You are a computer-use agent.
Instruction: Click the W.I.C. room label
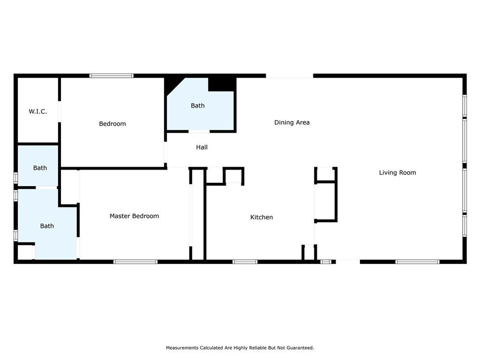coord(37,111)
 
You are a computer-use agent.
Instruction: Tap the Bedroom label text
coord(112,124)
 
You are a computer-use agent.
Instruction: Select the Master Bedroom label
coord(134,216)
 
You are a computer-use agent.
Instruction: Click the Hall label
coord(202,147)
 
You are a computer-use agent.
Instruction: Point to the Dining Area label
coord(292,122)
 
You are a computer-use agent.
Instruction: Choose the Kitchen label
coord(262,217)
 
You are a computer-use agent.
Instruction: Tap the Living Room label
coord(397,173)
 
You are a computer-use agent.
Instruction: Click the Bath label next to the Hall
coord(197,106)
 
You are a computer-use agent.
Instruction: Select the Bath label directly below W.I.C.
coord(40,168)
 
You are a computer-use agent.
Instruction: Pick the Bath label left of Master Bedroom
coord(47,226)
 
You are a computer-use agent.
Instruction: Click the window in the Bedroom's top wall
coord(111,76)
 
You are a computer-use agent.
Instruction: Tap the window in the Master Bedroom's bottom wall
coord(135,262)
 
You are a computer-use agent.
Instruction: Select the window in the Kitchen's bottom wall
coord(245,262)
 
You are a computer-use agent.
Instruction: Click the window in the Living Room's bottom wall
coord(417,262)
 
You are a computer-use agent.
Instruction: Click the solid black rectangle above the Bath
coord(222,84)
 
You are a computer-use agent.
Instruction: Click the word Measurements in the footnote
coord(182,348)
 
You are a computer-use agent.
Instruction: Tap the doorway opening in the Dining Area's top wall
coord(289,76)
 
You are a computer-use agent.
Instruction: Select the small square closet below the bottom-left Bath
coord(24,252)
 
